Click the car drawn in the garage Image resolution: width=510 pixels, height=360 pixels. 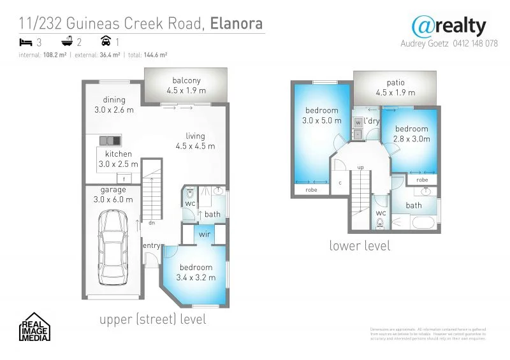[113, 245]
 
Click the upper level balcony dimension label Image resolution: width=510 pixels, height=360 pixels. [186, 90]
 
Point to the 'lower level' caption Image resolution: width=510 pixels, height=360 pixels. [360, 245]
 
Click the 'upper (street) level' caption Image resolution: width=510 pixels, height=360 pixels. [153, 319]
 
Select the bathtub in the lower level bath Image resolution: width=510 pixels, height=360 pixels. [422, 223]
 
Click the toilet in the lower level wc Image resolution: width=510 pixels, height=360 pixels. [381, 223]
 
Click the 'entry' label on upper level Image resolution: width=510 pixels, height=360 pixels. [151, 246]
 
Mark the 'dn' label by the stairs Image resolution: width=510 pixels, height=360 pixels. [151, 223]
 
